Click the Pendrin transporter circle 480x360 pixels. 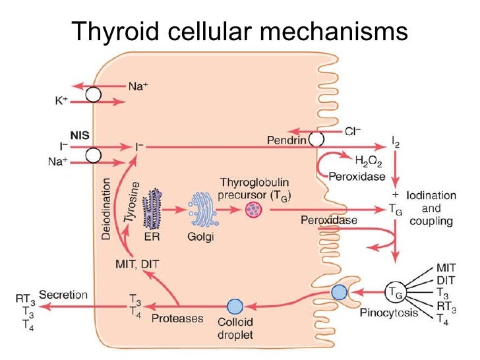click(x=317, y=139)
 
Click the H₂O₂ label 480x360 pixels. click(x=369, y=160)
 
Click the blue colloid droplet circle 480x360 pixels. click(x=235, y=306)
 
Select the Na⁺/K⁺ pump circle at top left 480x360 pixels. click(x=93, y=94)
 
